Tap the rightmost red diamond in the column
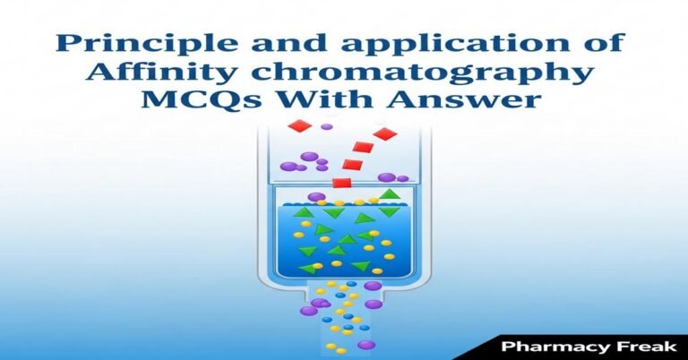[x=384, y=134]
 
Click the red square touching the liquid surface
[x=341, y=183]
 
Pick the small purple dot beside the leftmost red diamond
[x=326, y=127]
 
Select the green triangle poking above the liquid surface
[x=388, y=194]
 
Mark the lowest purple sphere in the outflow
[x=365, y=345]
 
